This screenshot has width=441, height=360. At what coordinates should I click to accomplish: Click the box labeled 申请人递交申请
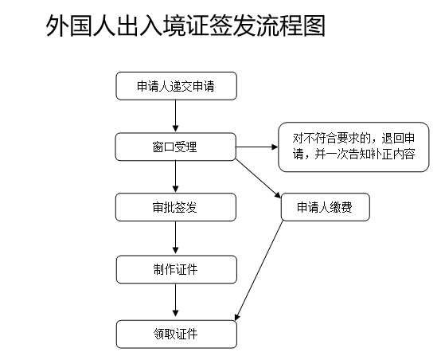[x=177, y=86]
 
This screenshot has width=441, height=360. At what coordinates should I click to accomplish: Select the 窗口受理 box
[x=175, y=147]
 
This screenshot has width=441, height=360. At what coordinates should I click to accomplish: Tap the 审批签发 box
[x=176, y=207]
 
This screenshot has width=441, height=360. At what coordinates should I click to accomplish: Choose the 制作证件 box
[x=177, y=269]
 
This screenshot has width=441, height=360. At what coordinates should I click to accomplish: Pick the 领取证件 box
[x=177, y=334]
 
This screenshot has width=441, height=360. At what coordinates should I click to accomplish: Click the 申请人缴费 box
[x=325, y=207]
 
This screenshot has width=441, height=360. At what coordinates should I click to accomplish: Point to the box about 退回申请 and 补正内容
[x=353, y=147]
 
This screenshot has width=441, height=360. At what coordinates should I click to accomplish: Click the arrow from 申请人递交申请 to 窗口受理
[x=175, y=115]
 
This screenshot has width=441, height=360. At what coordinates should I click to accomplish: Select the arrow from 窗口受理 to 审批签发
[x=175, y=177]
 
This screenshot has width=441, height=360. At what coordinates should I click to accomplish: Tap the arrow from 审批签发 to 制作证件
[x=175, y=237]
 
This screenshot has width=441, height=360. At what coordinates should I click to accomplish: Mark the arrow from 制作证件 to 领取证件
[x=175, y=300]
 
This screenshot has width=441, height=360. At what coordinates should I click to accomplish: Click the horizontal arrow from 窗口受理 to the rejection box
[x=257, y=147]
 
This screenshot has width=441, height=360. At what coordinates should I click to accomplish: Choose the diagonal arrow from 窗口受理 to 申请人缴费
[x=258, y=178]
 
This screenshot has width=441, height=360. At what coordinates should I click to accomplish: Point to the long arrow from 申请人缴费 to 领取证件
[x=259, y=271]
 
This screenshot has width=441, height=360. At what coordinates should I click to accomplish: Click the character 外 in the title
[x=57, y=26]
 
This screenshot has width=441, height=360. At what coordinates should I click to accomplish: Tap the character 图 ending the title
[x=314, y=26]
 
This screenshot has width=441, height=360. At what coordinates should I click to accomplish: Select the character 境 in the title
[x=174, y=26]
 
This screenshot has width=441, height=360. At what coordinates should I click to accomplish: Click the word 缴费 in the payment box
[x=341, y=207]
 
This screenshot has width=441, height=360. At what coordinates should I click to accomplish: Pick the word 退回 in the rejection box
[x=392, y=139]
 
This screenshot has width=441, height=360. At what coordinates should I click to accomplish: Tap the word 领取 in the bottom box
[x=165, y=334]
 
